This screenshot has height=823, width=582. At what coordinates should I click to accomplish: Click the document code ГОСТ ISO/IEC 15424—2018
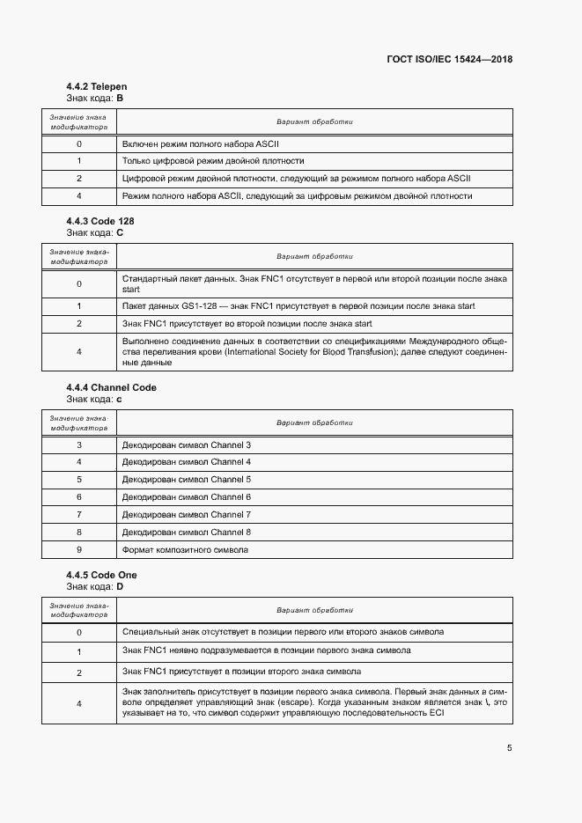[x=449, y=60]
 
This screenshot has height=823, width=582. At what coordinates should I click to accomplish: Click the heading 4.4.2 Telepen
[x=97, y=87]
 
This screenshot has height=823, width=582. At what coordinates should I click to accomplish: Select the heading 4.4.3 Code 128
[x=100, y=220]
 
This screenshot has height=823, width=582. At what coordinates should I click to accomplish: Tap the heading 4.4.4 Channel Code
[x=111, y=387]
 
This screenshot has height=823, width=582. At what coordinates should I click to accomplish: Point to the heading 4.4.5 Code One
[x=101, y=575]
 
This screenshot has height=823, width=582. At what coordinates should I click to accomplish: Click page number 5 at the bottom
[x=509, y=748]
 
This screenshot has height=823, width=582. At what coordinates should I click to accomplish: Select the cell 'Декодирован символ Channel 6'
[x=186, y=497]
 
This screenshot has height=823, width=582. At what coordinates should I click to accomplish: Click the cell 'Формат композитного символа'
[x=185, y=550]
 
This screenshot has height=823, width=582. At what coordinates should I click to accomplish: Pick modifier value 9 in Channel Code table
[x=79, y=550]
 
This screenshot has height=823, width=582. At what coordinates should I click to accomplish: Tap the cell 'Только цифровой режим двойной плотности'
[x=213, y=161]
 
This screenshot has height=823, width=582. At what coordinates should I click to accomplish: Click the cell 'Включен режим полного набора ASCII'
[x=201, y=143]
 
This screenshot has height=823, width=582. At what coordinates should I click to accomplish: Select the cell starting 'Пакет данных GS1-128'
[x=298, y=305]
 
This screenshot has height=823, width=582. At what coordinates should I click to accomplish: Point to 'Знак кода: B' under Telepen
[x=95, y=99]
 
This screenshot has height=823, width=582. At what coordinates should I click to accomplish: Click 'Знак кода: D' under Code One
[x=95, y=586]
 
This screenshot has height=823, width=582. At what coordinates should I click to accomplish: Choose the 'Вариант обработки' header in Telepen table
[x=314, y=122]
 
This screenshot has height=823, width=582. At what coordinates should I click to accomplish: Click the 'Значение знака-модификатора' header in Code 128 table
[x=79, y=256]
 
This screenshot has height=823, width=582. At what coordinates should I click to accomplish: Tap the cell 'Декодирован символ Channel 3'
[x=186, y=445]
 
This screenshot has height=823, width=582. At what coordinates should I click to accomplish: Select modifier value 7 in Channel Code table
[x=79, y=515]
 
